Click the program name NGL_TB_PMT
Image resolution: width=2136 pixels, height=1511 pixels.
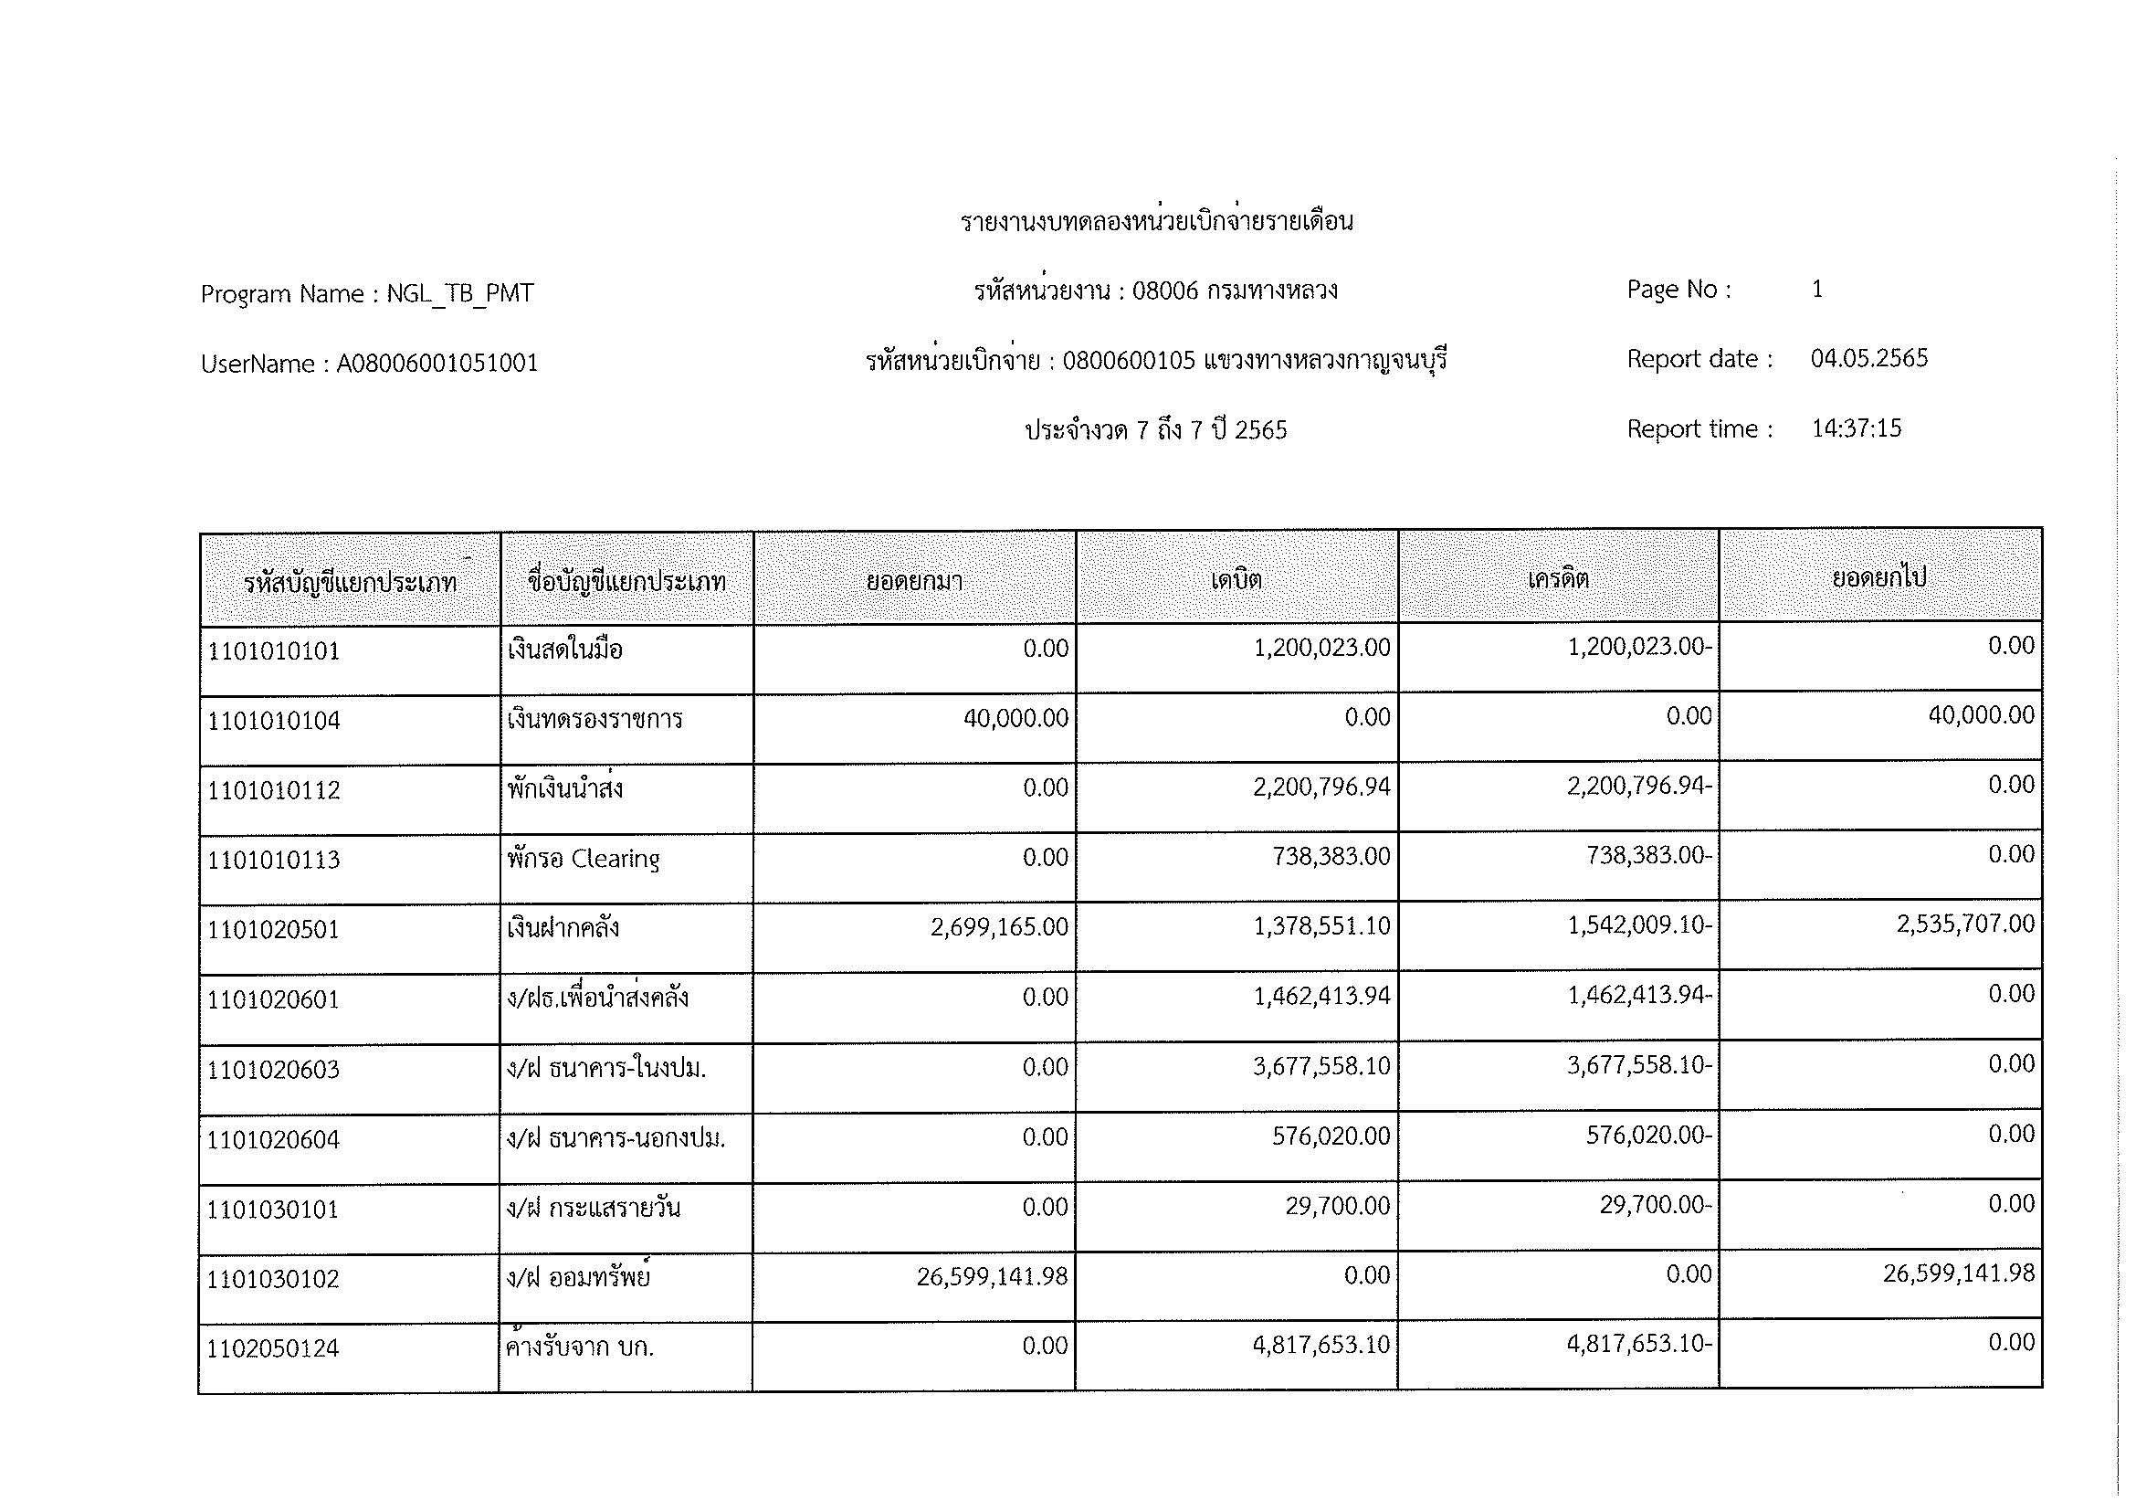(459, 294)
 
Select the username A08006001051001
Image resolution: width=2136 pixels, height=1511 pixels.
(437, 364)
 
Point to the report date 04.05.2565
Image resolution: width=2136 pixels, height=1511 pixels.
(1869, 359)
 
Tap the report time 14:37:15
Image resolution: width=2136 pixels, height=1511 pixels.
(1856, 429)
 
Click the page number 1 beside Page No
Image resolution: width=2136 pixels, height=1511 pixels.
(1817, 290)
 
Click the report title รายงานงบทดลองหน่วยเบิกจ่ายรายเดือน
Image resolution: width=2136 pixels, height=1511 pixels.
(1156, 222)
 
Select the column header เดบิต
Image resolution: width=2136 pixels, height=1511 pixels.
(1236, 581)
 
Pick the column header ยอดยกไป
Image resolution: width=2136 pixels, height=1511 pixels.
(1879, 577)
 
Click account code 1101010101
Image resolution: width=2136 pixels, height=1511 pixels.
(274, 651)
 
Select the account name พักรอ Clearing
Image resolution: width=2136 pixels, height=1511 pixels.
(584, 859)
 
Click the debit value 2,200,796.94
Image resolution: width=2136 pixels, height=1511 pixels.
(1321, 788)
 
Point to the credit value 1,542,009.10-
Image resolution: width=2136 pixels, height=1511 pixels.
(1639, 926)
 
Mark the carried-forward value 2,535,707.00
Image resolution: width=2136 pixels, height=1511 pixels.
(1966, 925)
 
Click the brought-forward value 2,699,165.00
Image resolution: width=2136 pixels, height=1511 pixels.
(999, 927)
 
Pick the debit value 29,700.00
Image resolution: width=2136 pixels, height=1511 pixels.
(1338, 1207)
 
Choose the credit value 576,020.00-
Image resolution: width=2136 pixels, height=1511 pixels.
(1648, 1136)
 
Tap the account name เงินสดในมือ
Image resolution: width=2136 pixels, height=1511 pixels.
(564, 650)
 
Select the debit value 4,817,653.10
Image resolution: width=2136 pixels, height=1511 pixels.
(1321, 1346)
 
